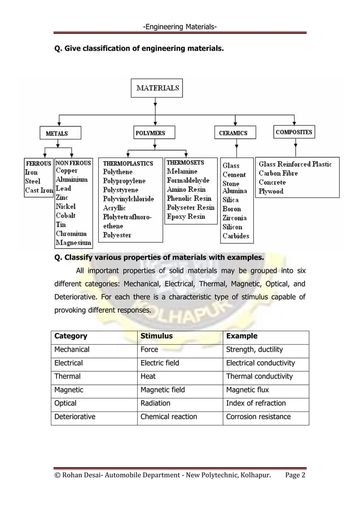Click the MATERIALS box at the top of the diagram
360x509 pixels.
(158, 88)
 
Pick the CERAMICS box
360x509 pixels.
(234, 133)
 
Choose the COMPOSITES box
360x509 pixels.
(294, 132)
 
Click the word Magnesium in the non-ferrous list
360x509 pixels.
(73, 243)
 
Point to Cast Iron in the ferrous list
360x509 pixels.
(39, 191)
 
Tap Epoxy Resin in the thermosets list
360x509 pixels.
(186, 217)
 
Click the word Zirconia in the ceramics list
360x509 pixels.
(234, 218)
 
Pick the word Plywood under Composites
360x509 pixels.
(271, 191)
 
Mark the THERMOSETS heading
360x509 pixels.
(185, 163)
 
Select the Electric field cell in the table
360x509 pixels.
(160, 363)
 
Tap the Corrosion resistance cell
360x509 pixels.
(258, 417)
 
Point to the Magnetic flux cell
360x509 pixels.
(248, 390)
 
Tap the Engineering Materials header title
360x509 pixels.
(180, 27)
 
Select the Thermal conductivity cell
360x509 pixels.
(260, 376)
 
